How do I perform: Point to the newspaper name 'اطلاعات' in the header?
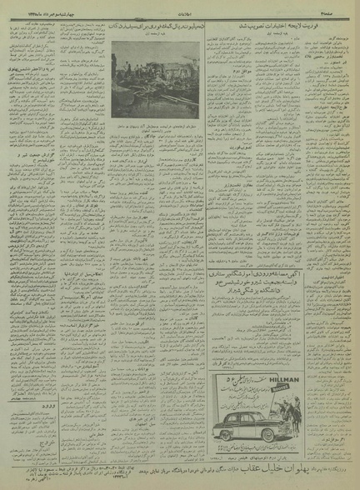[x=178, y=9]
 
